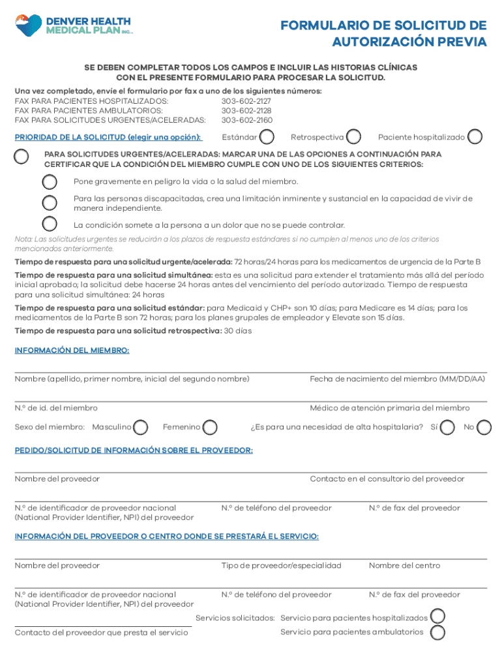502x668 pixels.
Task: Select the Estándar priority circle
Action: (x=267, y=137)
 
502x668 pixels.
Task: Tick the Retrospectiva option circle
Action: (x=354, y=137)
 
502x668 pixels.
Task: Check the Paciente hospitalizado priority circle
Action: (x=475, y=137)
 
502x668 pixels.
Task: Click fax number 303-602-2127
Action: (x=246, y=102)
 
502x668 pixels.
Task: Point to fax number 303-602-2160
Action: (x=246, y=120)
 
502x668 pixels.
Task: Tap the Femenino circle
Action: (x=211, y=427)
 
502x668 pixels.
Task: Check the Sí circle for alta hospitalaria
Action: (x=448, y=427)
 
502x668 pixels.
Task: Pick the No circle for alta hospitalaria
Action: (x=484, y=427)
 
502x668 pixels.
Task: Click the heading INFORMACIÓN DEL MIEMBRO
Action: (x=72, y=350)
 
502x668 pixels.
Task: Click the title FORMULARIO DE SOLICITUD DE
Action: (x=383, y=25)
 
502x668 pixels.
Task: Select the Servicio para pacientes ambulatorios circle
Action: (x=438, y=632)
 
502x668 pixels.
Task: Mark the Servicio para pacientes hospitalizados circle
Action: (x=438, y=617)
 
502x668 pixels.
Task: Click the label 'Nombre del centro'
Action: (x=404, y=566)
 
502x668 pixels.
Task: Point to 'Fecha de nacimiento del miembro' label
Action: (x=397, y=379)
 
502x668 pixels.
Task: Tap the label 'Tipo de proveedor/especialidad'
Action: (x=281, y=566)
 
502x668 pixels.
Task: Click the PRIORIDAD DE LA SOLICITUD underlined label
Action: (x=108, y=138)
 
